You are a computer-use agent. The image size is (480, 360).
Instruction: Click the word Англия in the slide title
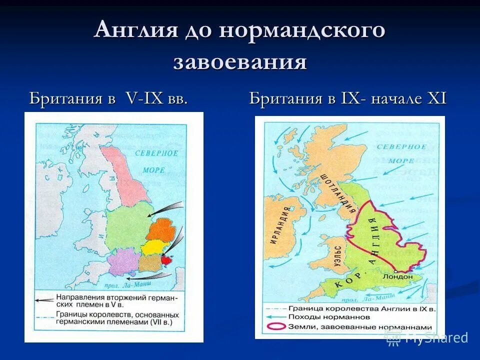tap(136, 30)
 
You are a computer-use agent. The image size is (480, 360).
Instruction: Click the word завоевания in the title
tap(240, 62)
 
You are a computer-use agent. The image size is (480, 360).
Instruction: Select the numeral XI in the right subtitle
tap(435, 98)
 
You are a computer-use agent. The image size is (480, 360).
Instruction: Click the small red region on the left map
tap(166, 260)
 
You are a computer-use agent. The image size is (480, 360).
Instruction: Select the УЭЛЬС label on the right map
tap(338, 257)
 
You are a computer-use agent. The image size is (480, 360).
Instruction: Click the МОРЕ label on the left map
tap(153, 170)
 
